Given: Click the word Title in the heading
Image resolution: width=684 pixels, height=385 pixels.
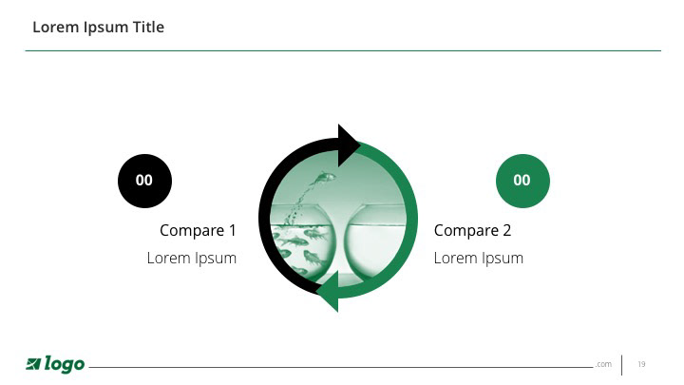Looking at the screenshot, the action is [x=148, y=27].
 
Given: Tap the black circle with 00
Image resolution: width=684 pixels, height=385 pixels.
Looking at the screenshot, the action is [x=144, y=181].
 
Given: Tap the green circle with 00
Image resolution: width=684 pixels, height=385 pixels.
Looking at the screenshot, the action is [x=522, y=181].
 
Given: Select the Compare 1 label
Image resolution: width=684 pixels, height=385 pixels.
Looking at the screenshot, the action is [x=198, y=230].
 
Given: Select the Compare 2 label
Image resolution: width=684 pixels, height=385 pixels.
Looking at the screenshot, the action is [x=472, y=230].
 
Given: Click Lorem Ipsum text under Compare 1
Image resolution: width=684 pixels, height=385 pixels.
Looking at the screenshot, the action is [x=192, y=258].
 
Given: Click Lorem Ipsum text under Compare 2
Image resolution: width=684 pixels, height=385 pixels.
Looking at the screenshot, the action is [x=479, y=258].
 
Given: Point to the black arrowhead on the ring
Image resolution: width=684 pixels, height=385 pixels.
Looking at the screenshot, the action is [x=348, y=144].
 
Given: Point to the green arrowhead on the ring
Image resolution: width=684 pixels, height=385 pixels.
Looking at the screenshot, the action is [x=328, y=291].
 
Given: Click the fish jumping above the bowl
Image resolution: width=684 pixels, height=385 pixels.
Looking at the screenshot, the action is [x=323, y=178].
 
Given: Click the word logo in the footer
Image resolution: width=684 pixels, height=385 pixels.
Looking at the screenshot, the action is [x=65, y=364].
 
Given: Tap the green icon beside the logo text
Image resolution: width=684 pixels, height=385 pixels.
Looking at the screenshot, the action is [x=33, y=363].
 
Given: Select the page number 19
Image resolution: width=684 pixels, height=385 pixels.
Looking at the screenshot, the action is [x=641, y=364].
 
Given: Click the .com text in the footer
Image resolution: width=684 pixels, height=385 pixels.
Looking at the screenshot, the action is [x=604, y=364].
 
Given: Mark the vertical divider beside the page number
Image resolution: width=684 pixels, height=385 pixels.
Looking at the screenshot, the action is [x=621, y=365].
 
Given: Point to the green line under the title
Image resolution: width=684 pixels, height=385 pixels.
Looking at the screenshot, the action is [x=343, y=50].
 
